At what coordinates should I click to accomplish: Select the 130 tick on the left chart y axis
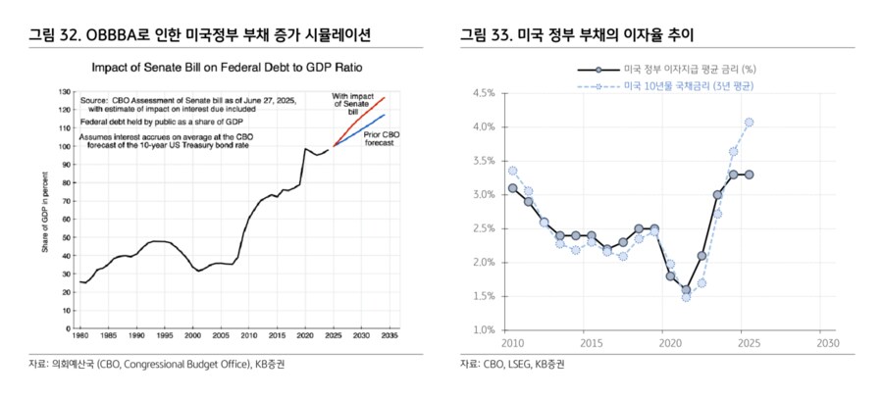(x=64, y=92)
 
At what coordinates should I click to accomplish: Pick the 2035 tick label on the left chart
(x=390, y=334)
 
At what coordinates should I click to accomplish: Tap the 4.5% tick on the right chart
(x=481, y=93)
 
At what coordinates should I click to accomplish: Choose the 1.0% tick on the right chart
(x=481, y=330)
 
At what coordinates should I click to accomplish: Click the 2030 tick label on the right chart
(x=827, y=344)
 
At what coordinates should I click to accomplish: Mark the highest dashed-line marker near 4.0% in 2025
(x=749, y=123)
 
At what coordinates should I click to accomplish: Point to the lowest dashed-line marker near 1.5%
(x=686, y=296)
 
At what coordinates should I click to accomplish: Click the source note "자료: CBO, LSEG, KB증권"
(x=513, y=365)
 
